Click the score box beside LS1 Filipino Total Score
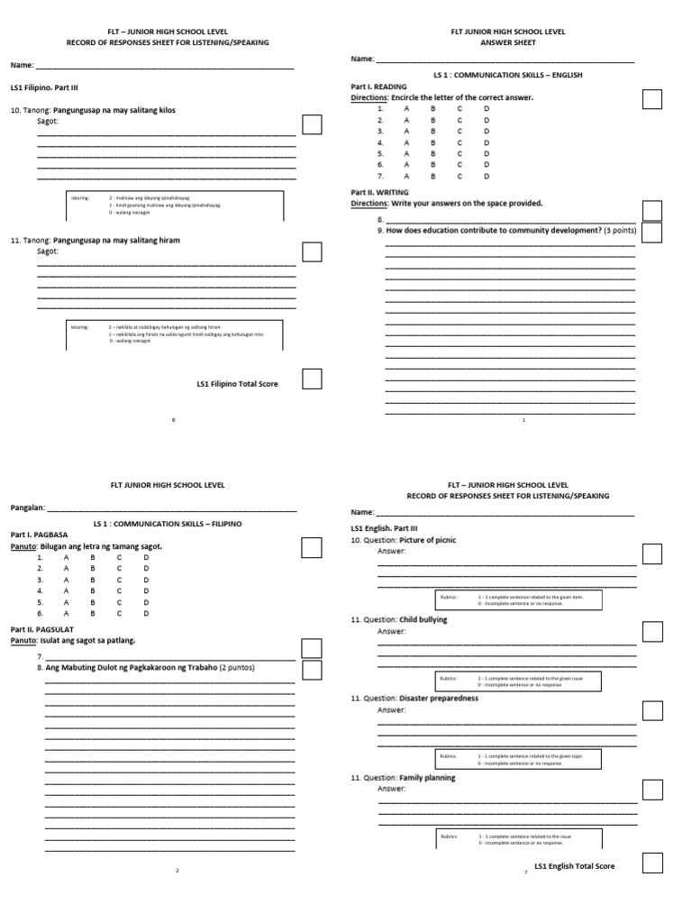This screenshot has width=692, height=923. pyautogui.click(x=312, y=379)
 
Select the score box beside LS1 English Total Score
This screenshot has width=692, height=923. pyautogui.click(x=652, y=863)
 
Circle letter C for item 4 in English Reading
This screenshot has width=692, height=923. pyautogui.click(x=460, y=142)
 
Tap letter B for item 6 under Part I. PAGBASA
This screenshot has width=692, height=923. pyautogui.click(x=92, y=613)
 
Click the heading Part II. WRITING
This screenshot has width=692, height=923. pyautogui.click(x=379, y=192)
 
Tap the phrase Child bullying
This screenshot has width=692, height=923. pyautogui.click(x=423, y=619)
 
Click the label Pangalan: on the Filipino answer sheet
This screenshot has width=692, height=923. pyautogui.click(x=26, y=507)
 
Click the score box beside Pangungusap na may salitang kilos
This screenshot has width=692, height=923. pyautogui.click(x=312, y=124)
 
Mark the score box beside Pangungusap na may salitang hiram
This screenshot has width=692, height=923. pyautogui.click(x=312, y=251)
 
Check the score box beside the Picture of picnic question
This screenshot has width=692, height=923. pyautogui.click(x=652, y=553)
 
